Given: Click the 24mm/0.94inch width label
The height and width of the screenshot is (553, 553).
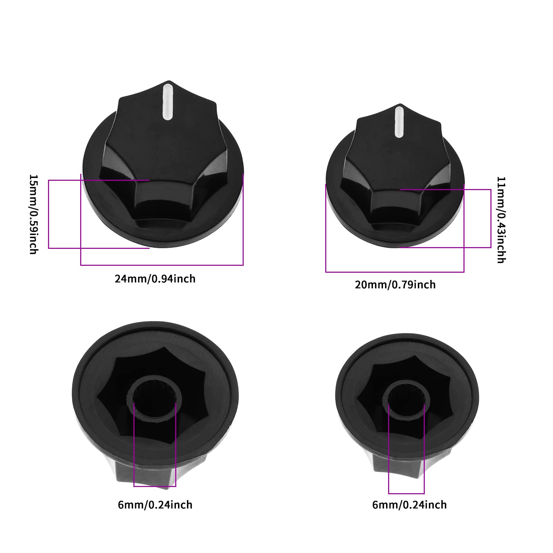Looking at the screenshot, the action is tap(155, 279).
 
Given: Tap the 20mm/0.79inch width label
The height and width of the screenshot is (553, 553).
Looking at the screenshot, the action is tap(395, 284).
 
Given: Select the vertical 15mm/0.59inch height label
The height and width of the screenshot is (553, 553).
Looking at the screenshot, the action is tap(33, 214).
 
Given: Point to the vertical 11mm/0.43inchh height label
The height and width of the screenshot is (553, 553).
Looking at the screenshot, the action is tap(501, 220).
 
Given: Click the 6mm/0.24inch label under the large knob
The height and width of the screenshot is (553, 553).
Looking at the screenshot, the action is tap(155, 505).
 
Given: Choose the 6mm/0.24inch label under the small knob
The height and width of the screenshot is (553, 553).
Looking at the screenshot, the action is tap(409, 505).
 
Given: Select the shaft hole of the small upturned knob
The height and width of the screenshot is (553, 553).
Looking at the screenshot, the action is tap(406, 399).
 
